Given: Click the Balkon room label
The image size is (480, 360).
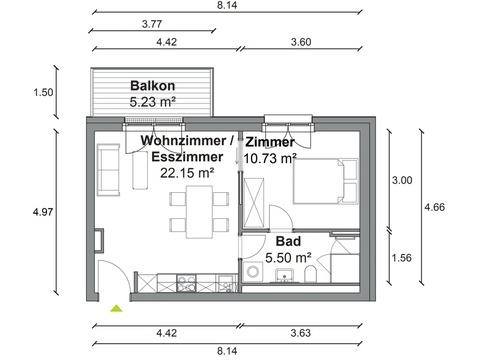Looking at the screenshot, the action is coord(152,86).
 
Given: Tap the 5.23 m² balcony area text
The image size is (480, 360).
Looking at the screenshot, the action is coord(153,102).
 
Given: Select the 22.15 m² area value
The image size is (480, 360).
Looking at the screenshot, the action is coord(187,173).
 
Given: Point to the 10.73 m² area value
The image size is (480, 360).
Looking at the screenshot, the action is coord(270,158).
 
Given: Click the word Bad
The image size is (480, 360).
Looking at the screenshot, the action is coord(288,241).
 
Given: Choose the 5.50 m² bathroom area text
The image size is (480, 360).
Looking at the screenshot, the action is coord(289,257).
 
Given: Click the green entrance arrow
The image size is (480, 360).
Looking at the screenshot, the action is coord(116,309).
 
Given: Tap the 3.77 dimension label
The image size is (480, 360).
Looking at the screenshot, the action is coord(152,24).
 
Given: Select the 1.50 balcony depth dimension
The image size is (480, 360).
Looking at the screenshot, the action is coord(43,92).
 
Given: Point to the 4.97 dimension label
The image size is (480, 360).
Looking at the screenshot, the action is coord(43,212).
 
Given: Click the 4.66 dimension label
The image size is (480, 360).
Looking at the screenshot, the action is coord(434,207).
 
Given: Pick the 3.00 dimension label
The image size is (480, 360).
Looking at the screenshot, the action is coord(402,180).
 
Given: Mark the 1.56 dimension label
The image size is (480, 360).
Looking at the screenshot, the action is coord(401,258).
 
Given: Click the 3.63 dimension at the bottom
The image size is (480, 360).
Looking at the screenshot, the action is coord(301,333).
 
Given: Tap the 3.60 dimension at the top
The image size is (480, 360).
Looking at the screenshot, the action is coord(301,42).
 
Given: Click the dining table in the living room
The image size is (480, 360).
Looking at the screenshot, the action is coord(199,212).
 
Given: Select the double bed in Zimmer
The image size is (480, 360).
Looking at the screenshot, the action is coord(325,181).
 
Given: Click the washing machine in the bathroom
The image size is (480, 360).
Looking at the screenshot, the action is coord(253,272).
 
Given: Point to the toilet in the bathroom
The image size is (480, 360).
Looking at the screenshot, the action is coord(310,274).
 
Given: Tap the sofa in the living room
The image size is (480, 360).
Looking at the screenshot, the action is coord(108,170).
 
